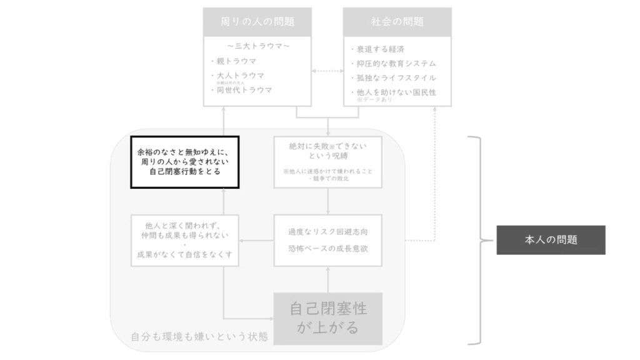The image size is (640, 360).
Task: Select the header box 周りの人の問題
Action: point(257,22)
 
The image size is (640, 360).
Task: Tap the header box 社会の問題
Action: point(397,22)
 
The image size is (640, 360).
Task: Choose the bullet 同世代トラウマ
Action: point(244,90)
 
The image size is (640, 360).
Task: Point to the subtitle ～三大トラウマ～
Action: point(257,46)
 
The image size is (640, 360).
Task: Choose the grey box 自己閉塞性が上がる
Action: point(328,318)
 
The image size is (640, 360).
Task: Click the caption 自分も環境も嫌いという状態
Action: point(199,337)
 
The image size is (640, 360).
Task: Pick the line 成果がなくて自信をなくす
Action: point(185,254)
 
